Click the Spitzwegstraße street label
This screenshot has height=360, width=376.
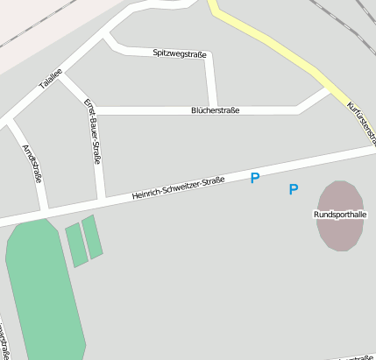point(180,54)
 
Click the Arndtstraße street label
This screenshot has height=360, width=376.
point(32,163)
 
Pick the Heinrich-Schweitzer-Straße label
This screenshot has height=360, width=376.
point(178,187)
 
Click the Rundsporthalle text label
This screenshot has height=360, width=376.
point(339,214)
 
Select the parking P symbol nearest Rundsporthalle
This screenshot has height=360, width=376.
point(294,189)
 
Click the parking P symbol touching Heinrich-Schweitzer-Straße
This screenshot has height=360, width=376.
point(255,178)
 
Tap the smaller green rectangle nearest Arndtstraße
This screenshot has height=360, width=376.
point(76,245)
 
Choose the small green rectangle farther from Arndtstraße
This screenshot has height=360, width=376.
point(92,236)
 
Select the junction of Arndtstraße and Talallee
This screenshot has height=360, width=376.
point(8,120)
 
